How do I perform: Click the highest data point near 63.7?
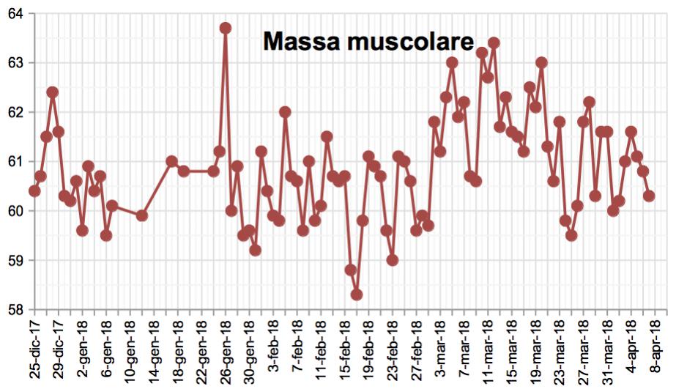click(x=226, y=28)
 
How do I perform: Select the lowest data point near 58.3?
click(x=357, y=294)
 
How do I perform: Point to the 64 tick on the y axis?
click(x=14, y=13)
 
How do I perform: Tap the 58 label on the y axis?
click(x=14, y=308)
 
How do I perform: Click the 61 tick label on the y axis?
click(x=14, y=161)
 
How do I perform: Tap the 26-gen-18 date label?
click(x=225, y=349)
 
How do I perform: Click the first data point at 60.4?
click(x=34, y=190)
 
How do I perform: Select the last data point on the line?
click(x=649, y=196)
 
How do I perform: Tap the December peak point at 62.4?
click(x=53, y=92)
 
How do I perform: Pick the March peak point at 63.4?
click(x=494, y=42)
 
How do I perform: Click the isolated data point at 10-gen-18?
click(x=142, y=215)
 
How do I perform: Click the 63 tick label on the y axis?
click(x=14, y=63)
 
